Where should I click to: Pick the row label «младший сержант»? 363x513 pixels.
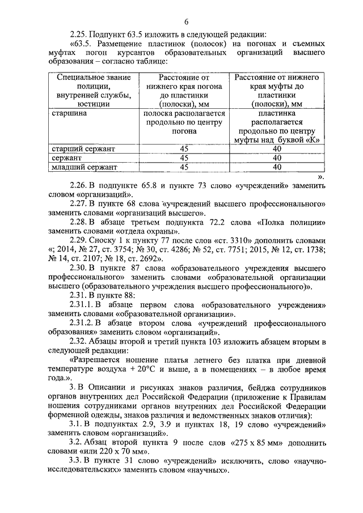(84, 167)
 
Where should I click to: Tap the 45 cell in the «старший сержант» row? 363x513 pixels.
(183, 149)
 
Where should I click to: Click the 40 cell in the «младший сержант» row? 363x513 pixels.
(277, 167)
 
